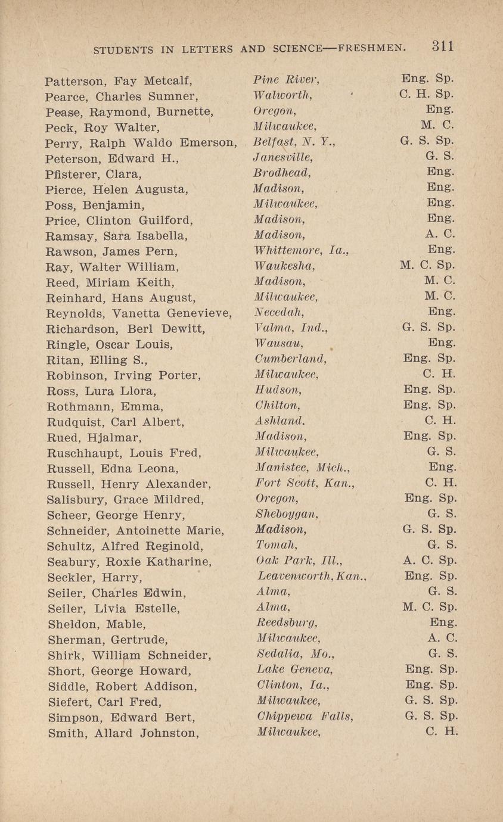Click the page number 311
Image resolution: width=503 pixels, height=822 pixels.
click(x=443, y=46)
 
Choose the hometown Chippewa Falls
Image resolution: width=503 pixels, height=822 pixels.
click(x=304, y=717)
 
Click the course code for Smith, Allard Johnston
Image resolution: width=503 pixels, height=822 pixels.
click(x=442, y=733)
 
